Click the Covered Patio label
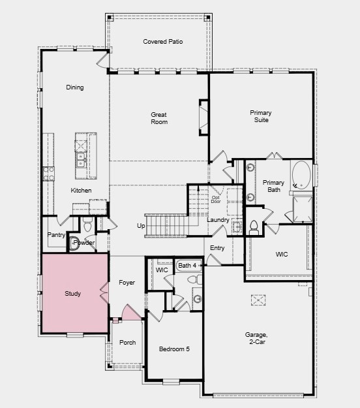(x=162, y=42)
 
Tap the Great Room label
(x=159, y=118)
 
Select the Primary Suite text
(x=261, y=116)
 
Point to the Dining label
(x=75, y=87)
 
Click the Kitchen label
(x=82, y=191)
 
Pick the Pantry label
(x=55, y=235)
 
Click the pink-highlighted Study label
(x=73, y=294)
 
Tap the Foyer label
(x=127, y=283)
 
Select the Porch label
(x=128, y=343)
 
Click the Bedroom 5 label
(x=174, y=349)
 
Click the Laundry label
(x=218, y=220)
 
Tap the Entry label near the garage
(x=217, y=248)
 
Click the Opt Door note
(x=215, y=199)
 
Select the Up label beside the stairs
(x=141, y=226)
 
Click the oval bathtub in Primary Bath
(x=301, y=174)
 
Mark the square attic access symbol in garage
(x=258, y=300)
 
